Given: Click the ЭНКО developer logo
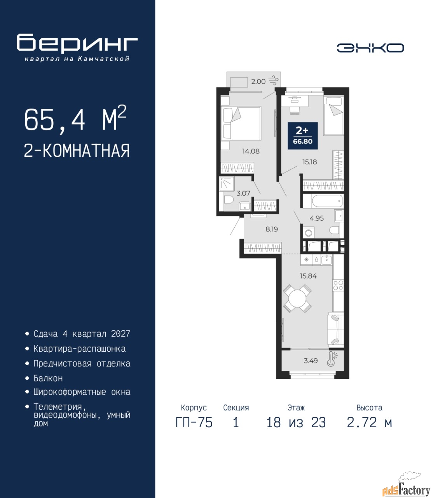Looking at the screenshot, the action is (370, 48).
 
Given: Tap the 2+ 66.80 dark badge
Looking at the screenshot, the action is (303, 136).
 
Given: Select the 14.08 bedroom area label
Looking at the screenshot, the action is (251, 151).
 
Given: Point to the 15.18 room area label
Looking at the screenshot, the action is (309, 162).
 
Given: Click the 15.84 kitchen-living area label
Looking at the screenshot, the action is (308, 276).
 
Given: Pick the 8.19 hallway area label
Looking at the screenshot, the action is (272, 229).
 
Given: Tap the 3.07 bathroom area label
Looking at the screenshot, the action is (243, 193).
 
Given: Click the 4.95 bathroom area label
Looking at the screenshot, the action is (317, 218).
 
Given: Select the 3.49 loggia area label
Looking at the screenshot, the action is (311, 361).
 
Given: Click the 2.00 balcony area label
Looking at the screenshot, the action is (258, 81).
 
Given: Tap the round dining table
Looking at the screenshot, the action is (297, 299).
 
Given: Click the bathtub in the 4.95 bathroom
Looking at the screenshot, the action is (323, 201).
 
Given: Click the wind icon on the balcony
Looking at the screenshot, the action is (273, 80).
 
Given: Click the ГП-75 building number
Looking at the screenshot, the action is (194, 423).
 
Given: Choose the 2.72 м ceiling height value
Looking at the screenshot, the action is (369, 423).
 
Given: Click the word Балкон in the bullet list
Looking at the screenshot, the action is (48, 379).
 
